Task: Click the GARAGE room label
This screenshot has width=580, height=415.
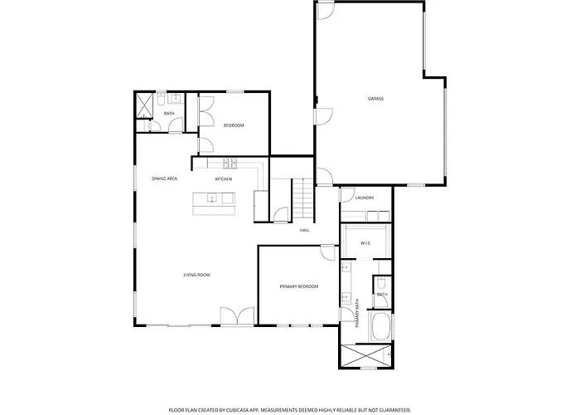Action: (x=375, y=99)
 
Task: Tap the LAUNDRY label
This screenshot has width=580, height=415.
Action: (x=365, y=198)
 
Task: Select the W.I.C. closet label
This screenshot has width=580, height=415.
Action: (x=366, y=243)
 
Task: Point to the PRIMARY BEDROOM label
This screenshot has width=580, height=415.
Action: (x=299, y=286)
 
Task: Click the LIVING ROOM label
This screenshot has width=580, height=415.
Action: (x=197, y=275)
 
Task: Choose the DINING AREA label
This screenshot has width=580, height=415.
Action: (x=165, y=178)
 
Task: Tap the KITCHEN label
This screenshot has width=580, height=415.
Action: (x=224, y=179)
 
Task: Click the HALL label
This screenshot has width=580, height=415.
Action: (x=304, y=231)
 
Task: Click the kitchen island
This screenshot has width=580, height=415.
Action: (x=214, y=203)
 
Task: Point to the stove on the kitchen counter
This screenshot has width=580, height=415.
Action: (x=230, y=162)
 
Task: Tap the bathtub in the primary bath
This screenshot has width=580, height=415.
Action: (x=380, y=326)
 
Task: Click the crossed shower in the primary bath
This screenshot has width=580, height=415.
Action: (x=365, y=356)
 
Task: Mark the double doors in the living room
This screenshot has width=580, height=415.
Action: (x=237, y=317)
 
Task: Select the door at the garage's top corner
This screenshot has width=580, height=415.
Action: (x=326, y=11)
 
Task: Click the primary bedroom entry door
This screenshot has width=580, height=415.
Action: (x=328, y=252)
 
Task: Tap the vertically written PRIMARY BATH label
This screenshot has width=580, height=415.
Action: (x=357, y=313)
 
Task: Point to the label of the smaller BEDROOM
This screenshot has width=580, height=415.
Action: (x=234, y=125)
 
